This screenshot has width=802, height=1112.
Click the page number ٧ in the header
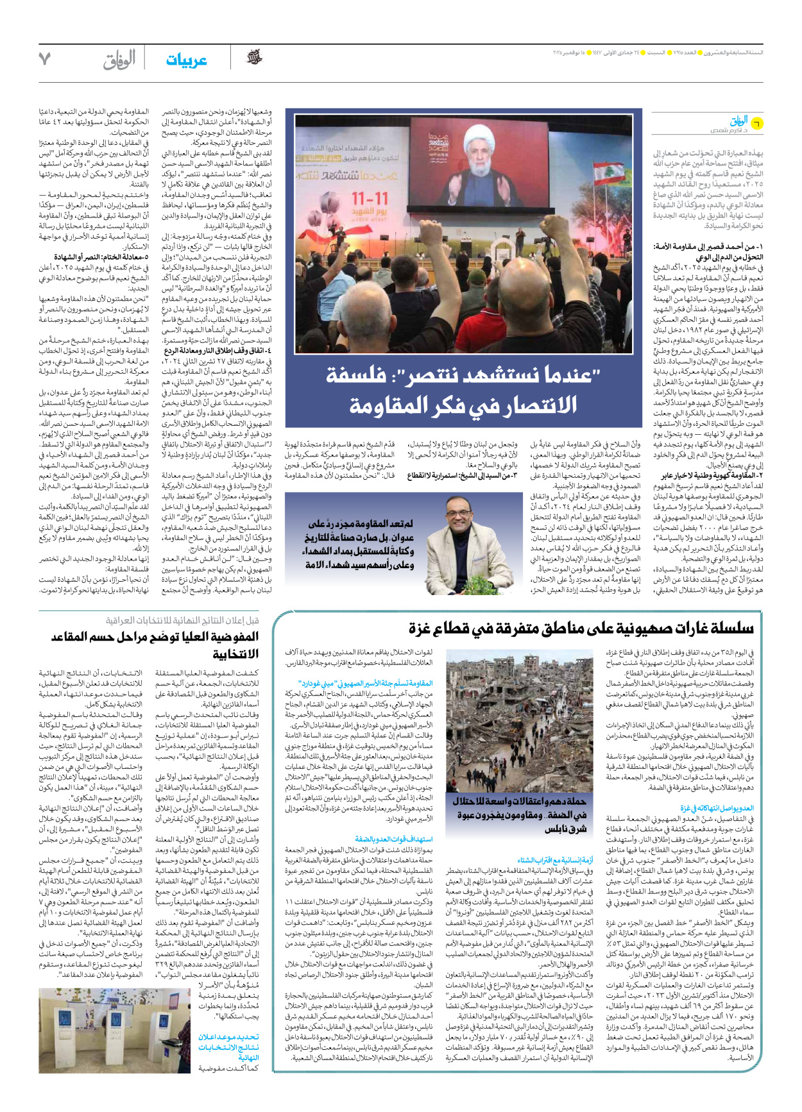(x=44, y=60)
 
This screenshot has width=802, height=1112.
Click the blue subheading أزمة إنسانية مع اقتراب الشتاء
(x=556, y=860)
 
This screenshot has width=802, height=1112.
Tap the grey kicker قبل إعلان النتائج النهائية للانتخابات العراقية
(x=183, y=620)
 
